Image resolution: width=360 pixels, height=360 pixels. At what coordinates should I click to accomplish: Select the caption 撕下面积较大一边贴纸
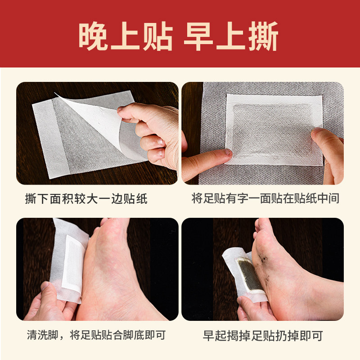tap(86, 198)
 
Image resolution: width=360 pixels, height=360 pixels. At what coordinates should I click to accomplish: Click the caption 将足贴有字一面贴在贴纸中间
tap(265, 198)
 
